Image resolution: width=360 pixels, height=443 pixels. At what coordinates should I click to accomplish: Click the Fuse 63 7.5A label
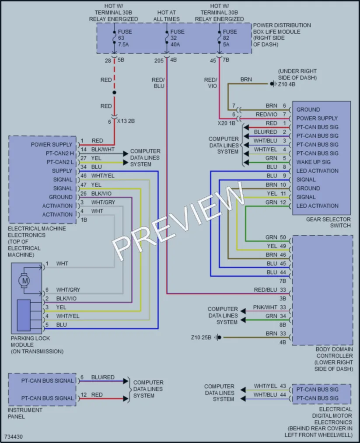[x=125, y=38]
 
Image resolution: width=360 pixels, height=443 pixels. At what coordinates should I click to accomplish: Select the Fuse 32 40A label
[x=177, y=38]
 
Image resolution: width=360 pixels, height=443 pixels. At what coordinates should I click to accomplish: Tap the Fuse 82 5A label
[x=230, y=38]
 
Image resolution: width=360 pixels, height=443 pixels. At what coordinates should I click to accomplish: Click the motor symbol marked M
[x=24, y=281]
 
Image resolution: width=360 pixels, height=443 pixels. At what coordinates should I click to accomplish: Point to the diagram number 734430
[x=14, y=437]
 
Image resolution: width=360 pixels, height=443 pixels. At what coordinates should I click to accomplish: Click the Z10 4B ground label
[x=287, y=84]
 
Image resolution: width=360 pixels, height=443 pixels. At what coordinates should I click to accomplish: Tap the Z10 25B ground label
[x=201, y=337]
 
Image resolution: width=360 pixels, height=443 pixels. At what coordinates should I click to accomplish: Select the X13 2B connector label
[x=126, y=121]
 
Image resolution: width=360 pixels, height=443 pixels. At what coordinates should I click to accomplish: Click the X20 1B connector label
[x=226, y=123]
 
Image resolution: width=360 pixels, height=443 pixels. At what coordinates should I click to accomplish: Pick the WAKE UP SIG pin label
[x=313, y=162]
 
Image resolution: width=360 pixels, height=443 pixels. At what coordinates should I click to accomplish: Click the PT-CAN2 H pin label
[x=59, y=153]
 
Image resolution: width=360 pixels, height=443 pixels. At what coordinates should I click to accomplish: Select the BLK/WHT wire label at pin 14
[x=103, y=149]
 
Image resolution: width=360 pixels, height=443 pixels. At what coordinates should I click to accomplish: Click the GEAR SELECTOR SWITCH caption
[x=329, y=222]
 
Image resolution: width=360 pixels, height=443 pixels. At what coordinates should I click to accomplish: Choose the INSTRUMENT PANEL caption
[x=25, y=413]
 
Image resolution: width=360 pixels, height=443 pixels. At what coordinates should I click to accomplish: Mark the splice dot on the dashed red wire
[x=114, y=92]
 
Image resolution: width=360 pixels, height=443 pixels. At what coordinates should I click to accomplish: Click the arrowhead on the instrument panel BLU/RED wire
[x=126, y=381]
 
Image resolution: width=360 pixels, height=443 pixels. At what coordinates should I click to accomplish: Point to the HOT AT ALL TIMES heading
[x=166, y=16]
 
